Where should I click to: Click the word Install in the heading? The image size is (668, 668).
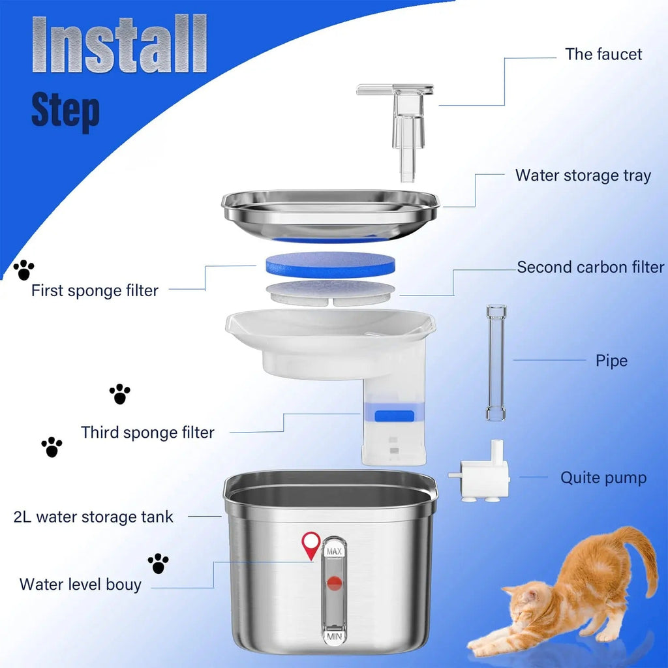pyautogui.click(x=119, y=44)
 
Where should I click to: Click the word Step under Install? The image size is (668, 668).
pyautogui.click(x=65, y=110)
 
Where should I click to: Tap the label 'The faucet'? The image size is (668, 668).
pyautogui.click(x=603, y=54)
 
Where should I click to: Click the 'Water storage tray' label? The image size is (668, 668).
pyautogui.click(x=583, y=175)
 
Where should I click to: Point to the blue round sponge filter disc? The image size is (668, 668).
pyautogui.click(x=331, y=264)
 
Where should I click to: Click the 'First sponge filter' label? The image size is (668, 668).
pyautogui.click(x=95, y=291)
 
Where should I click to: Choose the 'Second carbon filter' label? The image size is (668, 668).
pyautogui.click(x=590, y=267)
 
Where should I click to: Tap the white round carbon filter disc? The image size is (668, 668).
pyautogui.click(x=331, y=292)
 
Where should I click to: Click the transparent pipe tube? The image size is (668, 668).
pyautogui.click(x=496, y=362)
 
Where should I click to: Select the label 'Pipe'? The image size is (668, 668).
pyautogui.click(x=611, y=361)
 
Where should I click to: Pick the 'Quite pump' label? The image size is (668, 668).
pyautogui.click(x=603, y=478)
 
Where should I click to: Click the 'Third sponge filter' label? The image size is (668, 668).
pyautogui.click(x=147, y=433)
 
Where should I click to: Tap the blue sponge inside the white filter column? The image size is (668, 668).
pyautogui.click(x=395, y=415)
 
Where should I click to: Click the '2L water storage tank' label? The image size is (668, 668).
pyautogui.click(x=93, y=517)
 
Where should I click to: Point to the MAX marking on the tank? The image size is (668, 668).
pyautogui.click(x=334, y=552)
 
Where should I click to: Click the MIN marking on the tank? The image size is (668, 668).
pyautogui.click(x=334, y=633)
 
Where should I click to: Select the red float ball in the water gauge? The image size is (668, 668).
pyautogui.click(x=334, y=583)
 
